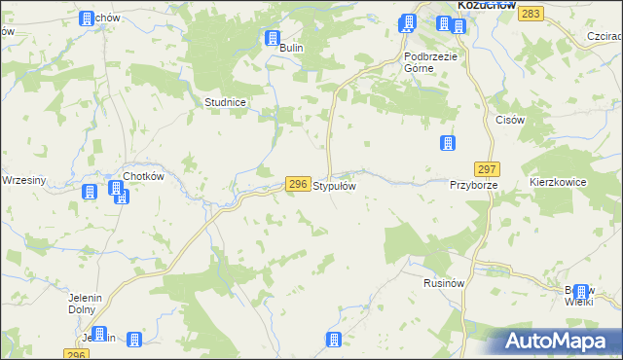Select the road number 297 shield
tap(488, 168)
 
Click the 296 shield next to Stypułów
tap(299, 184)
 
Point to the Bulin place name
tap(292, 48)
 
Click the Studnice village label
tap(224, 101)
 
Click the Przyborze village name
tap(474, 184)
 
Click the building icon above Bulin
tap(272, 39)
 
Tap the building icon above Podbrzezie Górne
tap(409, 22)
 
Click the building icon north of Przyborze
tap(448, 144)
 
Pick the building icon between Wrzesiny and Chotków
tap(90, 192)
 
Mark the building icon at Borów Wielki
tap(582, 291)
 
